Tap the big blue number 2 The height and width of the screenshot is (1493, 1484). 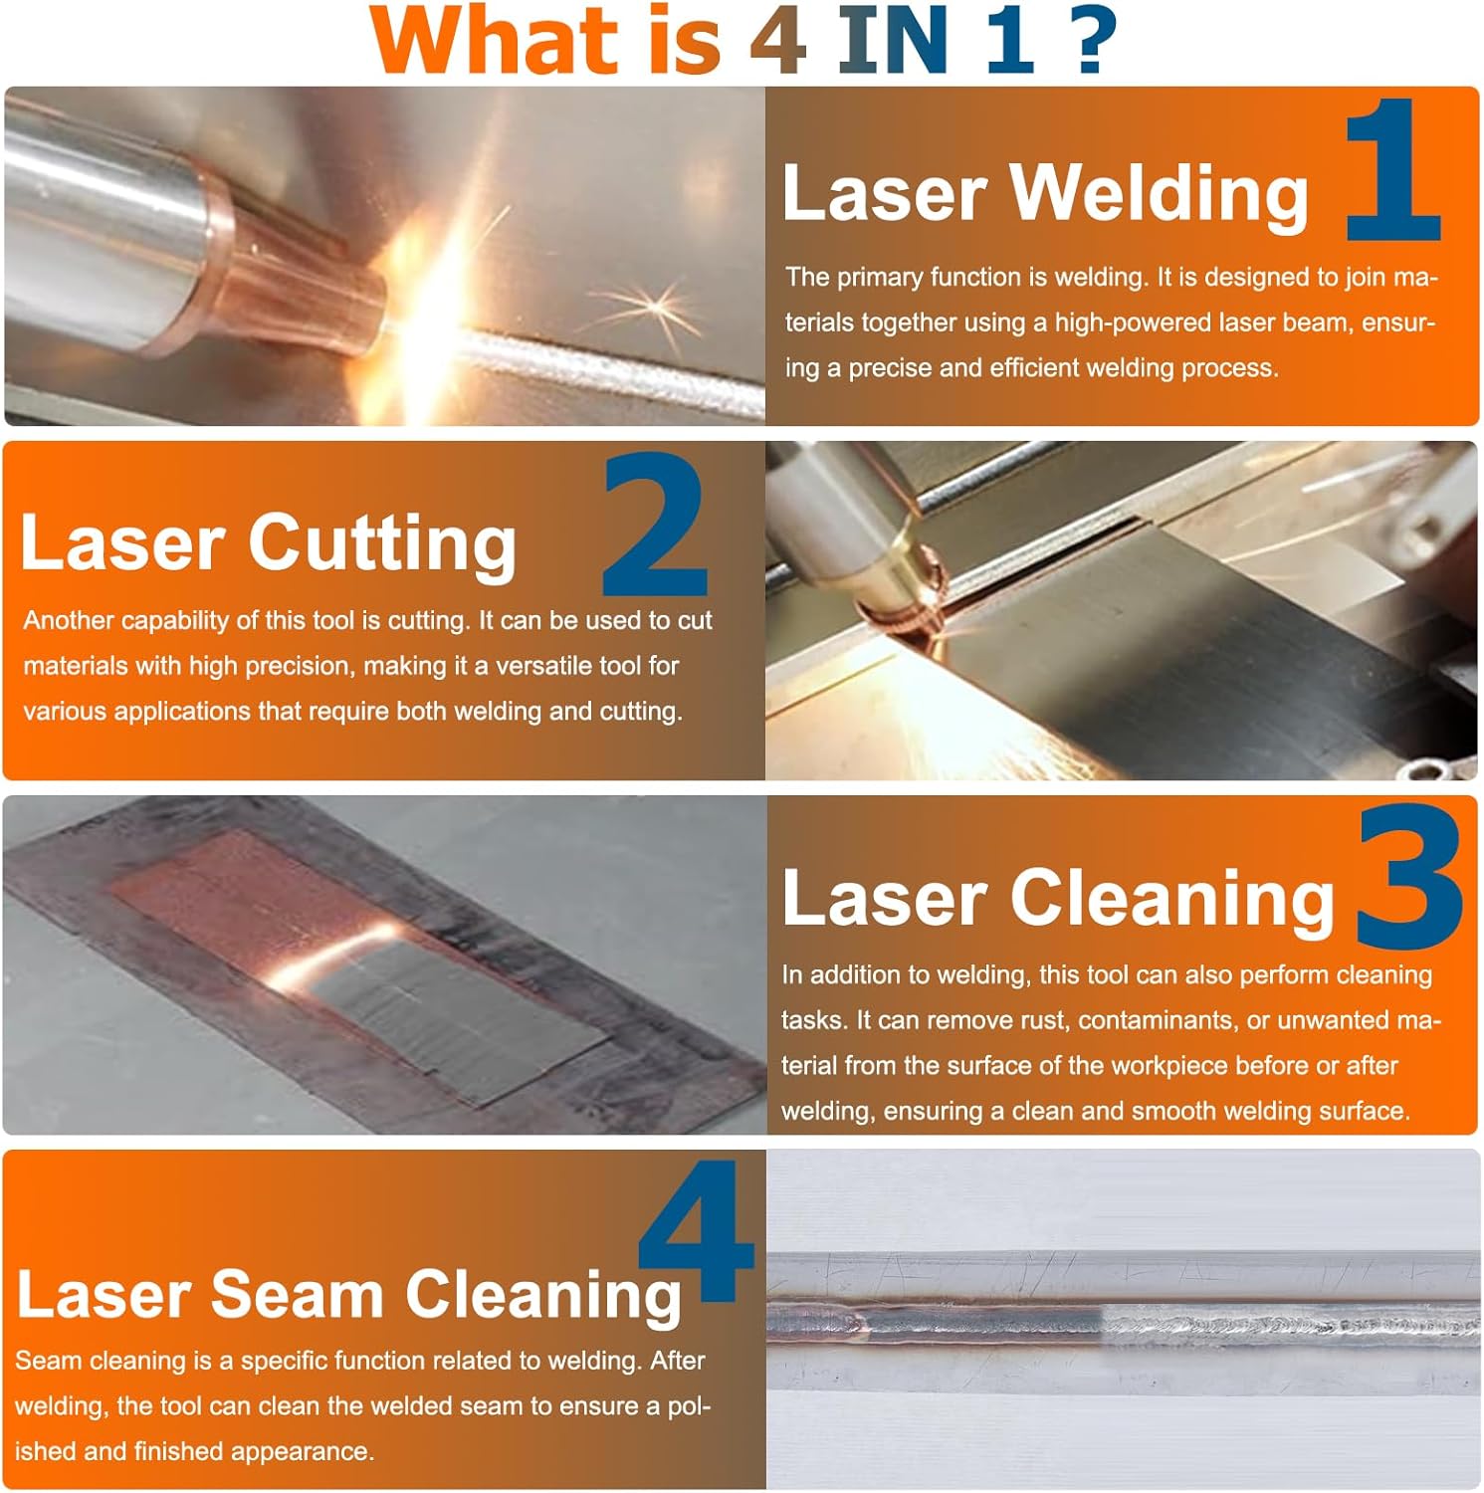tap(654, 525)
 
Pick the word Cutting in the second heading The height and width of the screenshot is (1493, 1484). tap(382, 543)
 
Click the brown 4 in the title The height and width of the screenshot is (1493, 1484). tap(777, 40)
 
